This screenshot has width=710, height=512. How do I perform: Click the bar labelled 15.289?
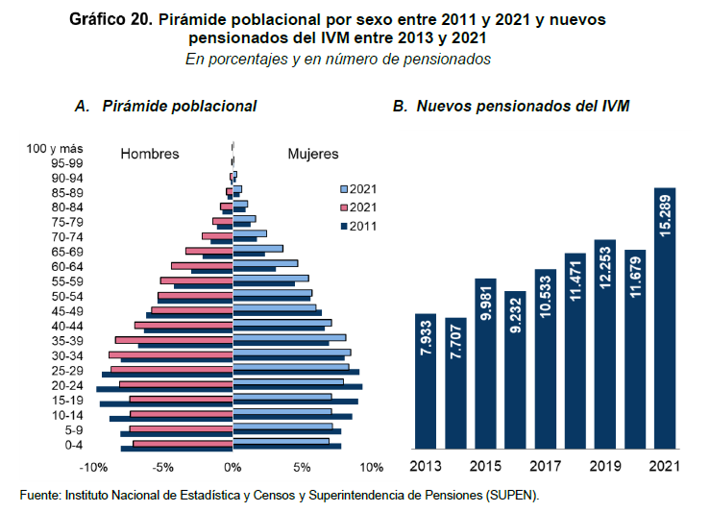665,318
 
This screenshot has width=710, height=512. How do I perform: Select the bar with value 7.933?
426,381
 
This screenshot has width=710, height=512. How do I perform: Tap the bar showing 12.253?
605,344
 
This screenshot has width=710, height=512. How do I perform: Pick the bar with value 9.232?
515,370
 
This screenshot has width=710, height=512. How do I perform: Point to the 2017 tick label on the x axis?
546,467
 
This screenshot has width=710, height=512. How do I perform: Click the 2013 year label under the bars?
426,467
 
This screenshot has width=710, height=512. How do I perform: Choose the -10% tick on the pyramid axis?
92,468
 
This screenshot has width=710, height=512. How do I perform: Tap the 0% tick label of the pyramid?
233,468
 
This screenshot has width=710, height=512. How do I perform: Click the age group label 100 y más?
55,148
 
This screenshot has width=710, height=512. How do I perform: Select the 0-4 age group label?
73,445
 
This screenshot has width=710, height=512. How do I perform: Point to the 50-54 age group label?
67,297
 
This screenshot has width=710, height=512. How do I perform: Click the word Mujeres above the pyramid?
313,154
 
